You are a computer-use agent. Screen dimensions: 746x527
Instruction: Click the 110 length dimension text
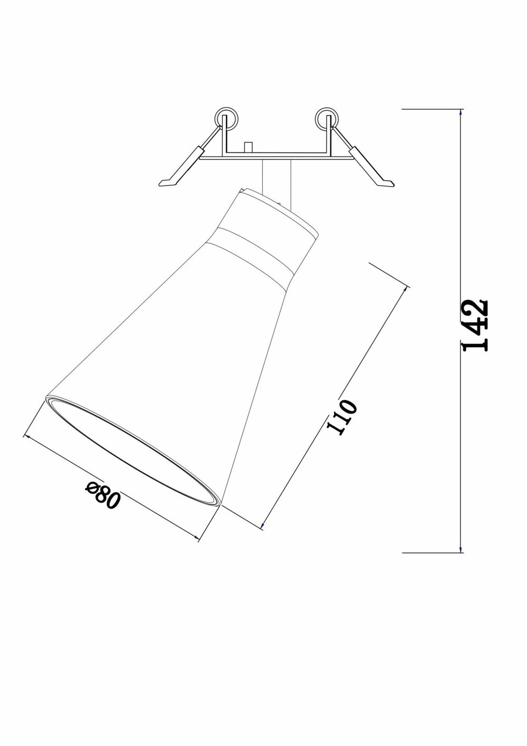point(341,417)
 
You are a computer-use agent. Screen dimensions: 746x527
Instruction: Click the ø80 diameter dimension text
point(103,494)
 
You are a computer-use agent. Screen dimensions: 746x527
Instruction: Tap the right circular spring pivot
point(327,118)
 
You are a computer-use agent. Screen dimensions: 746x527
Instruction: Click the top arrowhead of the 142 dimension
point(461,112)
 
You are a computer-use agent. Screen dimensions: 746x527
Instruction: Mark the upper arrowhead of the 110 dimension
point(407,288)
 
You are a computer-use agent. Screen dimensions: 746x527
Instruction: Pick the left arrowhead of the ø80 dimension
point(26,436)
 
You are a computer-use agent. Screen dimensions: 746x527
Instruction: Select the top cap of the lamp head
point(274,208)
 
